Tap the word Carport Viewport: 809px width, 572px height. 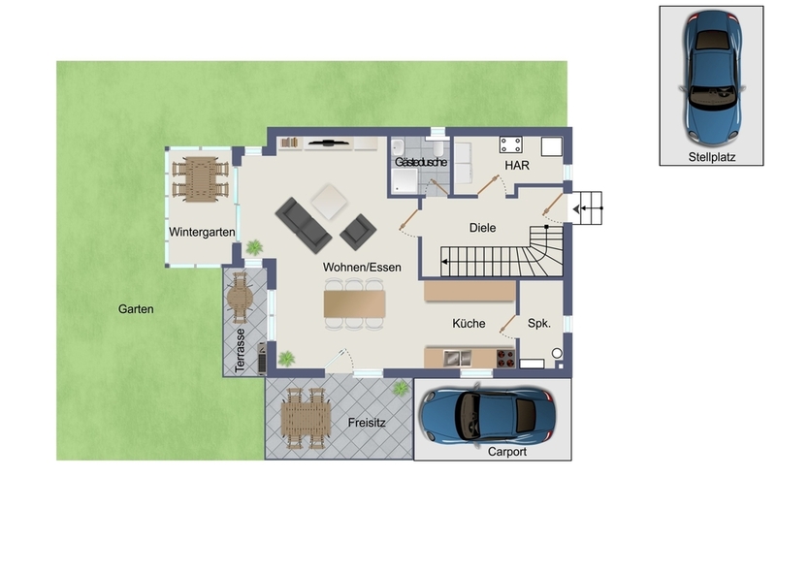[x=507, y=451]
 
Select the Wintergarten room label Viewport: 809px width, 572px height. [x=202, y=233]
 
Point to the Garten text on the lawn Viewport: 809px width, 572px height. [x=136, y=309]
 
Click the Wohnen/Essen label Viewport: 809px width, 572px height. [x=355, y=265]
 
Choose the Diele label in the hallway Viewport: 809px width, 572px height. [x=482, y=228]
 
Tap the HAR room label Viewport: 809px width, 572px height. [x=515, y=166]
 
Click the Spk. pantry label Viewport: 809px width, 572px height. [x=539, y=324]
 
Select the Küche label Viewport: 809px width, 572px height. [x=469, y=324]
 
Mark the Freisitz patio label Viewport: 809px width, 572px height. [x=368, y=423]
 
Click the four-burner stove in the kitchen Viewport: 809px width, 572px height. [x=505, y=358]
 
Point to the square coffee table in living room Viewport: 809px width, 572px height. [x=330, y=202]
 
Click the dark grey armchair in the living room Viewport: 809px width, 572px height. [x=358, y=231]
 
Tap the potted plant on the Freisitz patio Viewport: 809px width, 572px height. [x=401, y=388]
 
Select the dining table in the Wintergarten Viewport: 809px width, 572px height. [x=201, y=178]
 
